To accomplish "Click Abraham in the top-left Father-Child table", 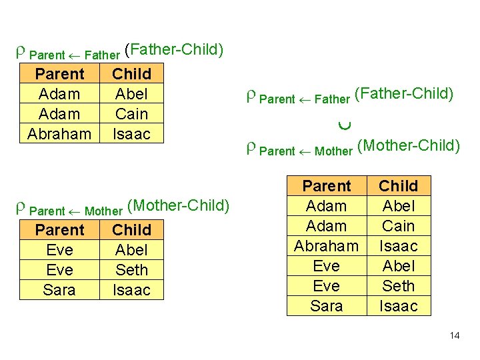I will click(59, 134).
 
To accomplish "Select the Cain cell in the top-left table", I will click(131, 114).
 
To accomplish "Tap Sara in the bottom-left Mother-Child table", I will click(59, 290).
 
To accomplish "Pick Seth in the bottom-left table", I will click(131, 270).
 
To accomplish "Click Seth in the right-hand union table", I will click(399, 286).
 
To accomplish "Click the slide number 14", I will click(455, 335).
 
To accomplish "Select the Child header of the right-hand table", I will click(399, 186).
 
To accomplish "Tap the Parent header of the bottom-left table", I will click(59, 230).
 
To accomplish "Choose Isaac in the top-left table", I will click(131, 134).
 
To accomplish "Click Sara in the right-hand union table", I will click(327, 306).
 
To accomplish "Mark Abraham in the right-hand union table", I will click(327, 246).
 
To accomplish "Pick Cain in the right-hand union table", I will click(399, 226).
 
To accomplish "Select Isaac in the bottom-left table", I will click(131, 290).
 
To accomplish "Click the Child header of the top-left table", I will click(131, 74).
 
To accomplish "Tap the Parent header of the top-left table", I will click(59, 74).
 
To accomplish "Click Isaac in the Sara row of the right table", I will click(399, 306).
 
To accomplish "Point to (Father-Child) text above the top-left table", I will click(174, 49).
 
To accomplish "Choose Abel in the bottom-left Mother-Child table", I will click(131, 250).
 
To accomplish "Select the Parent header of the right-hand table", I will click(327, 186).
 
